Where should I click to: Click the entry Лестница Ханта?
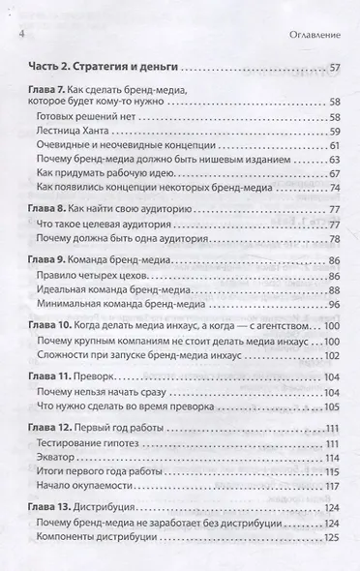105,131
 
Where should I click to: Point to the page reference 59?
335,131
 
